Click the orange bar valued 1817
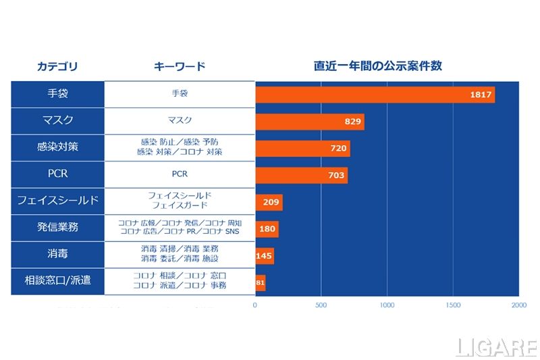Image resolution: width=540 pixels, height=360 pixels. point(375,95)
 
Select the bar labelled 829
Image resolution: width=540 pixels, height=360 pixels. point(310,122)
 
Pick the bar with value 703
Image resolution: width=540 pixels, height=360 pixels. point(301,175)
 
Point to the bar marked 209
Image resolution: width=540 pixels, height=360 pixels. point(269,202)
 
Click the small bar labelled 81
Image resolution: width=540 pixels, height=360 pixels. point(261,283)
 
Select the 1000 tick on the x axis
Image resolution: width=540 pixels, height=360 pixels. point(387,305)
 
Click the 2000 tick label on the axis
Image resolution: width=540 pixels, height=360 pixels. point(518,305)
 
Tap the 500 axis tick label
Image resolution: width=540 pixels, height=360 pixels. point(321,305)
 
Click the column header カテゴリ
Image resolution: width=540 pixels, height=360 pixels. point(57,66)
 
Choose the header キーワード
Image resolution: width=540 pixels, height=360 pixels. point(180,66)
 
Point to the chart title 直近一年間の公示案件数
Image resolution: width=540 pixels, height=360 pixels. point(378,66)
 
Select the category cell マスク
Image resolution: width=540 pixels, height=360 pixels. point(57,121)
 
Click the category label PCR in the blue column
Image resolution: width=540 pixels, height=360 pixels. point(57,174)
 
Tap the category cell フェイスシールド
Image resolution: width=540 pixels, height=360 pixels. point(57,201)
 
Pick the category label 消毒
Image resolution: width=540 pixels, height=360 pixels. point(57,255)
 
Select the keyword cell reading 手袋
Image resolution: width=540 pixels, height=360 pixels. point(180,94)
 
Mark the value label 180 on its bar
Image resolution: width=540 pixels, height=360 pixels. point(267,229)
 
